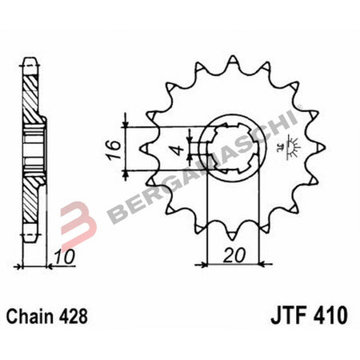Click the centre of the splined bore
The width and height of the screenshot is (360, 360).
tap(233, 149)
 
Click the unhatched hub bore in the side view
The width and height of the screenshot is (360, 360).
tap(32, 150)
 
